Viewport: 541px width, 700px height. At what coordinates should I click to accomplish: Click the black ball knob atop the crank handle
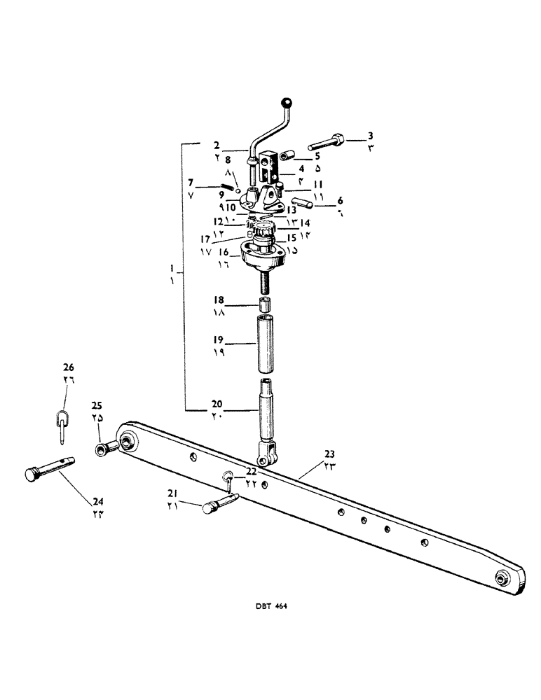click(286, 104)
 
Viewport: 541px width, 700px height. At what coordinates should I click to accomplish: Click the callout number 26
click(68, 367)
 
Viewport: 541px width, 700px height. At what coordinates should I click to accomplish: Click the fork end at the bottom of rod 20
click(266, 457)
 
